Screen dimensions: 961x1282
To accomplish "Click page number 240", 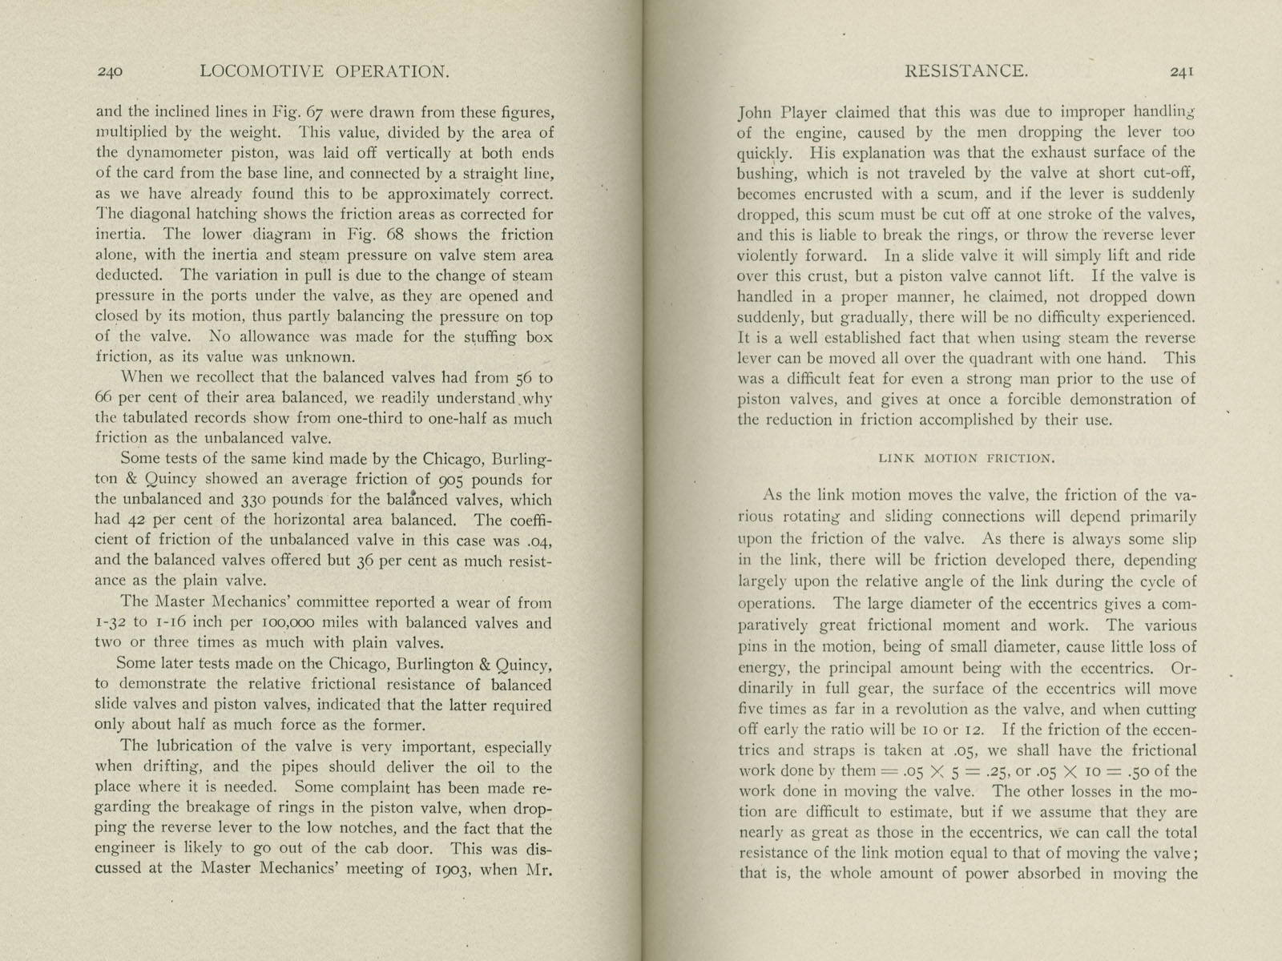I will (x=110, y=72).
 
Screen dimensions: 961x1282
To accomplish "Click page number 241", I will (x=1183, y=71).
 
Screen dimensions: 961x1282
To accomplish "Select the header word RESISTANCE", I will (x=966, y=70).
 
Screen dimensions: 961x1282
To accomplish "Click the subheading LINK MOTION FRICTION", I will (x=966, y=459).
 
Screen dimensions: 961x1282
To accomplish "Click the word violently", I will (x=768, y=256).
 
